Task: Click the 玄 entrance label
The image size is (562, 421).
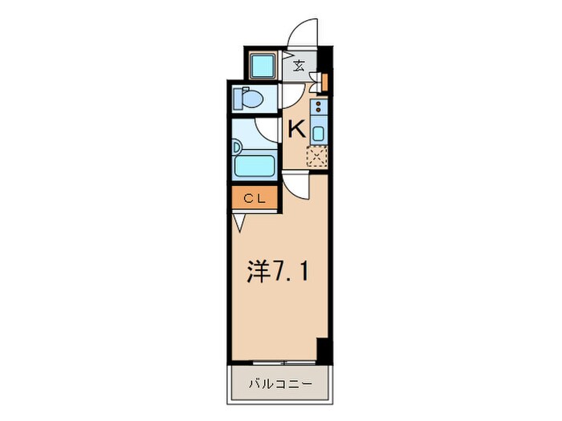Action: [x=299, y=67]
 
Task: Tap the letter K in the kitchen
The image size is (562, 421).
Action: [x=296, y=129]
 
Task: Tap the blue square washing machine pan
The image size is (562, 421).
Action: [x=263, y=66]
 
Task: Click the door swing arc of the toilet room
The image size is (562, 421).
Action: [x=292, y=96]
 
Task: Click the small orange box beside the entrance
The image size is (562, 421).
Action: [x=324, y=80]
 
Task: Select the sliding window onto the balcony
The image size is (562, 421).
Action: [x=280, y=362]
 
